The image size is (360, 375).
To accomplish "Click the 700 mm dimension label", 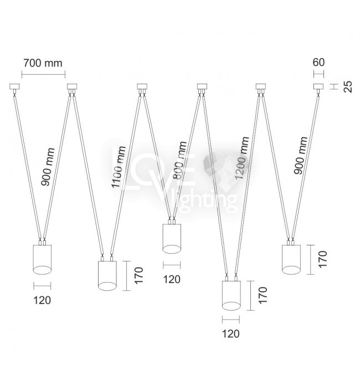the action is point(43,63).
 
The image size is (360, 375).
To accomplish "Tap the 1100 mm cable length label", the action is point(119,167).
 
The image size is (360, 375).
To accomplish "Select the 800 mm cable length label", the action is point(179,160).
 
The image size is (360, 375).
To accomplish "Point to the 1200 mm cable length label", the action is point(242,158).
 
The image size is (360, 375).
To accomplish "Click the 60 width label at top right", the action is point(318,63).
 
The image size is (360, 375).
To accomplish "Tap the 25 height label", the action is point(348,86).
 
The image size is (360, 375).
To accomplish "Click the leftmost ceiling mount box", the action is point(14,86).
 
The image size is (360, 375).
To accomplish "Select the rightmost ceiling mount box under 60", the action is point(318,86).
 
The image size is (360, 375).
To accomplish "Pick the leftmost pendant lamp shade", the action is point(42,260).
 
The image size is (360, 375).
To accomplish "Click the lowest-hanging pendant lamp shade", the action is point(232,296).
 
